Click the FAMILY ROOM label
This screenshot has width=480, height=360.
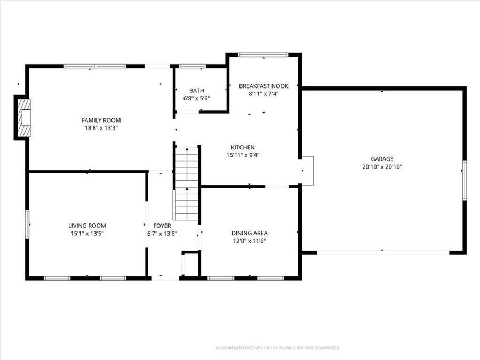101,120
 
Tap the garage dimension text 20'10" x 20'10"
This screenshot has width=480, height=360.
382,166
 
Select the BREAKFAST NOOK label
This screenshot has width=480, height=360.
263,86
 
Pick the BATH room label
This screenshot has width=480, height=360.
196,91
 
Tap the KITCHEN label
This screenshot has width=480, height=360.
243,147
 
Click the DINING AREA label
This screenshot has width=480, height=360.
249,233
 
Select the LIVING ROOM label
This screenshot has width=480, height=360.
90,226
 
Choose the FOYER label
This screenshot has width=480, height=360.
162,226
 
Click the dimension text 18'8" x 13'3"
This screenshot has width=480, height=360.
101,128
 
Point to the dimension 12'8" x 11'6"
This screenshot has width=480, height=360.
249,241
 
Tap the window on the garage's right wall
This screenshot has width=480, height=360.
465,180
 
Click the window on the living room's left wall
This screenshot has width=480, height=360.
27,225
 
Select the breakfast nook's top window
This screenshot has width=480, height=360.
263,54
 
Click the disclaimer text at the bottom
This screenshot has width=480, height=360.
277,348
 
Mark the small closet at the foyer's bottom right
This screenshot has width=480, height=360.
190,264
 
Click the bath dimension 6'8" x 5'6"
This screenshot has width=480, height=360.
196,99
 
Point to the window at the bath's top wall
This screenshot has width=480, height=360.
192,66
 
